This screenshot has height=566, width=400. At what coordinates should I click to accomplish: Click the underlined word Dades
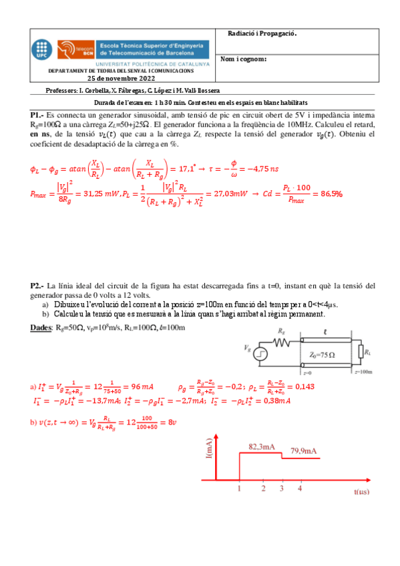coord(41,328)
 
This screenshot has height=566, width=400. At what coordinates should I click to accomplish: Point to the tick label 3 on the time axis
coord(282,489)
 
